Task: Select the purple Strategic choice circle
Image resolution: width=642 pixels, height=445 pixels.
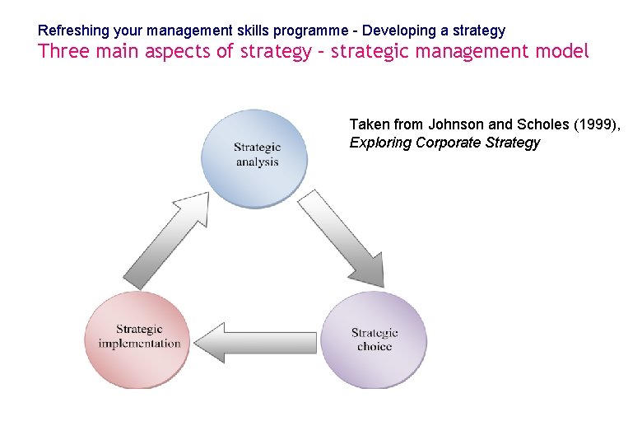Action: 374,340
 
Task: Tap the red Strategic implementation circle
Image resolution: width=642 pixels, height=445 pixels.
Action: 138,337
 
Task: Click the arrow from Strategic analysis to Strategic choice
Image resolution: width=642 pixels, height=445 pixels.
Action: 340,238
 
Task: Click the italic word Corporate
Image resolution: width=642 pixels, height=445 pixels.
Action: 449,143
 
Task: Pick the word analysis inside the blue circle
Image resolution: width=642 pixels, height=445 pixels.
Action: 257,162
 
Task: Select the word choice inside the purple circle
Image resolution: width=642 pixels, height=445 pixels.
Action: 374,347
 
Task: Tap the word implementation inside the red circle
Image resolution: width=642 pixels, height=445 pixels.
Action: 139,344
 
